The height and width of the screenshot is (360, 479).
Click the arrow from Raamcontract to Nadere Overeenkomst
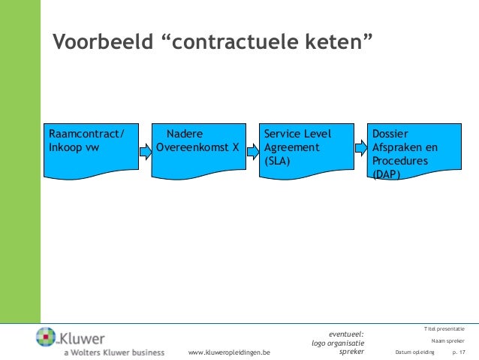point(144,153)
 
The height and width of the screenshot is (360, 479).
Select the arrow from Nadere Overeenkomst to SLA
point(252,153)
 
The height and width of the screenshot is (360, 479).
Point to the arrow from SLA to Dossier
point(359,153)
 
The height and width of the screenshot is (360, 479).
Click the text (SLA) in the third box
point(277,161)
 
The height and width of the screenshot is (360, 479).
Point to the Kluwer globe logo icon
point(47,337)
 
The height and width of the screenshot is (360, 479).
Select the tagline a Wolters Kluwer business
point(113,352)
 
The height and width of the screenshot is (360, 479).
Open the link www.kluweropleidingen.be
point(230,352)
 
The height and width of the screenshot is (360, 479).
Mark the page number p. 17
point(458,352)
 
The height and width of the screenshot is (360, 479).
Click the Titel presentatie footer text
point(444,329)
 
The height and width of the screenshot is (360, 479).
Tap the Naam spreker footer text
point(448,340)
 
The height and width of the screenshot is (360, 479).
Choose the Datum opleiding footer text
point(414,352)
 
